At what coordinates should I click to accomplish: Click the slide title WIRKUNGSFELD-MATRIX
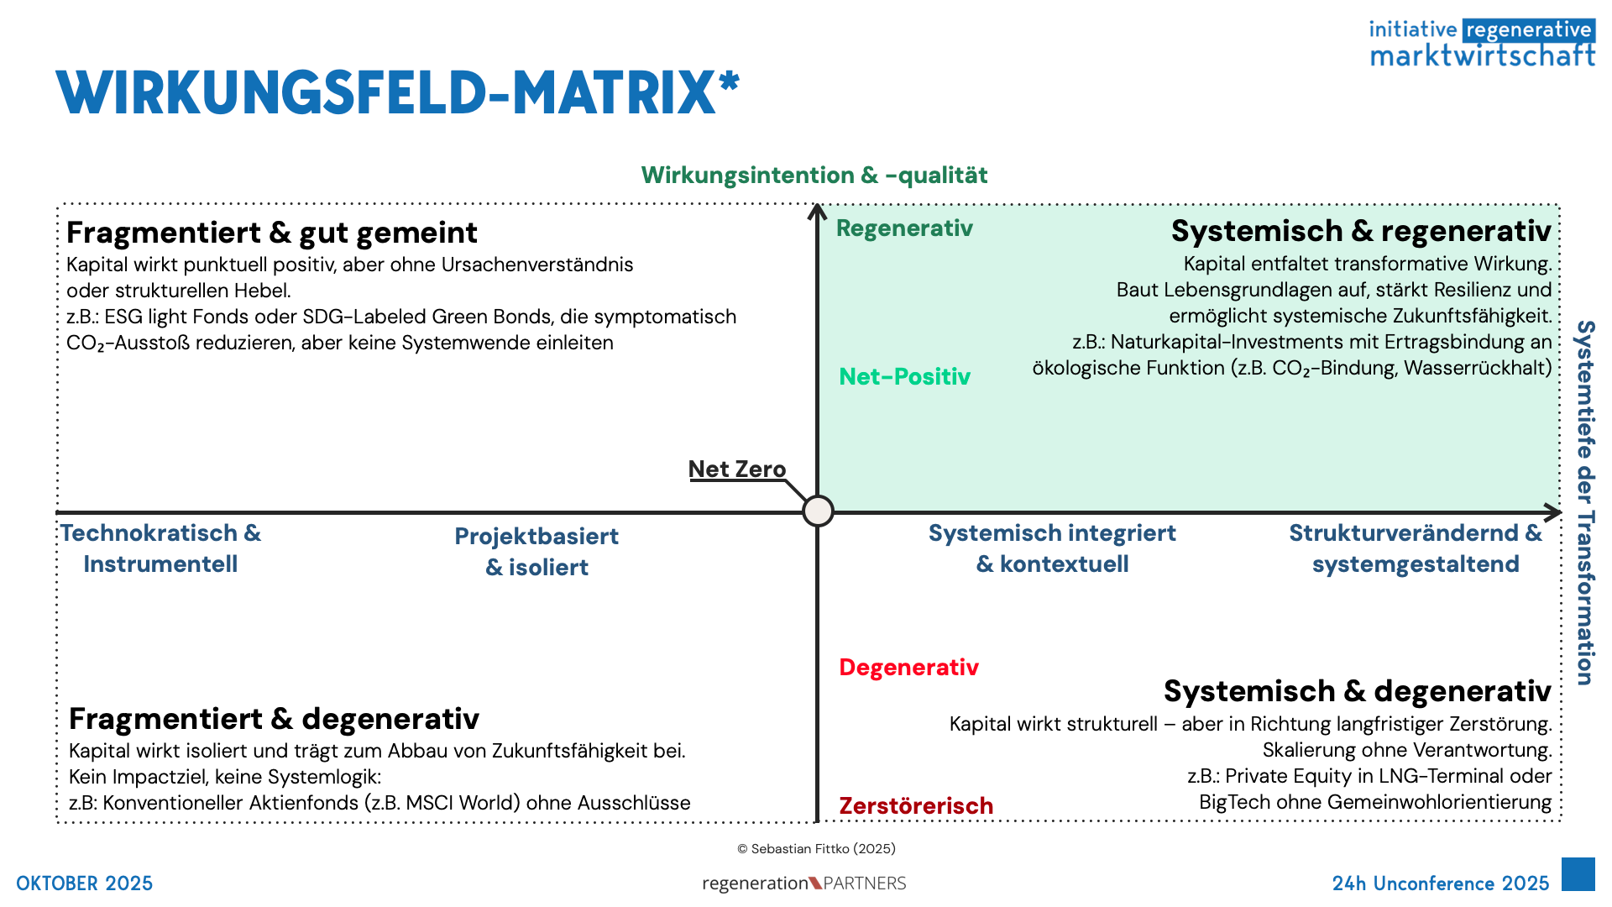point(397,92)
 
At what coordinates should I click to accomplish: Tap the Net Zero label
point(736,469)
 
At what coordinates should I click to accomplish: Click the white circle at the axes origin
point(818,511)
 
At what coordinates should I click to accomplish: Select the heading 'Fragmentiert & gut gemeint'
point(271,233)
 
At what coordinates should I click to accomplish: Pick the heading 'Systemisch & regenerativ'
point(1360,231)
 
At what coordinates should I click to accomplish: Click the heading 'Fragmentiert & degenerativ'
point(274,719)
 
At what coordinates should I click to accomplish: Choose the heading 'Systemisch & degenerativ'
point(1357,691)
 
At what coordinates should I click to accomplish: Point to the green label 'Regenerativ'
point(904,228)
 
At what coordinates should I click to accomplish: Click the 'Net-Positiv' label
point(904,376)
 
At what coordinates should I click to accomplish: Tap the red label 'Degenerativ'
point(908,668)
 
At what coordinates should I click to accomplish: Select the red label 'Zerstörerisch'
point(916,806)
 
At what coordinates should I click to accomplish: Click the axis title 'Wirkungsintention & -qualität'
point(814,176)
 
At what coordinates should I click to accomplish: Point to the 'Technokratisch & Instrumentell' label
point(160,548)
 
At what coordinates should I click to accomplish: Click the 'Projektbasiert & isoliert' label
point(536,552)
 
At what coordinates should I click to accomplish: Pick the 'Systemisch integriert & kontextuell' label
point(1052,548)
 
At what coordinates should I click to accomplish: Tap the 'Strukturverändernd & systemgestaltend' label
point(1416,548)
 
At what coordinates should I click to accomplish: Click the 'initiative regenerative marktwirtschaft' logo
point(1482,43)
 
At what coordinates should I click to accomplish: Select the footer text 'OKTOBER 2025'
point(85,883)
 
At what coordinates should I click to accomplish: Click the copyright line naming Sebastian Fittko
point(816,849)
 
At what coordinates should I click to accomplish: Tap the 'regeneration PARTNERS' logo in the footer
point(804,883)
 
